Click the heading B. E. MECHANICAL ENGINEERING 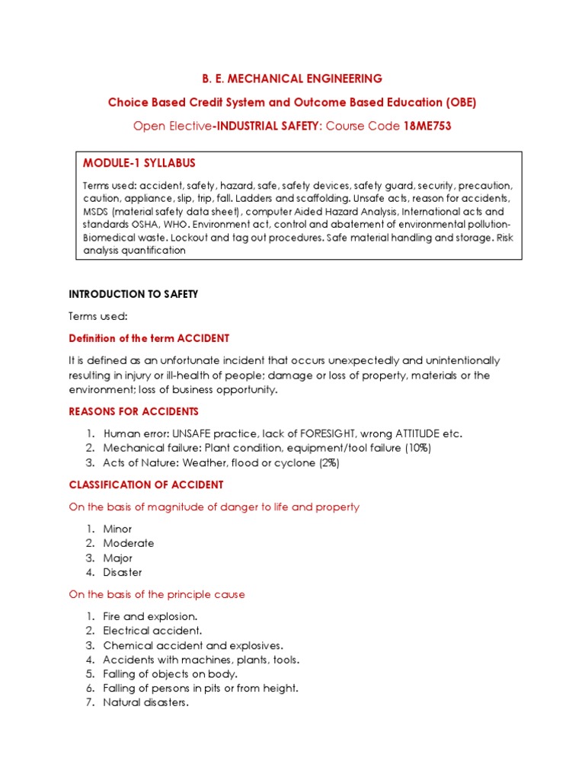[x=292, y=78]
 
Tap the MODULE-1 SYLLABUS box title [x=139, y=163]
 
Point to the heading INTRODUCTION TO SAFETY [x=133, y=294]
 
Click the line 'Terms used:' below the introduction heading [x=98, y=316]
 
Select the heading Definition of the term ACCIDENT [x=149, y=338]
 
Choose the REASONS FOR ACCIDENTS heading [x=133, y=412]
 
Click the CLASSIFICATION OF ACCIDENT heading [x=146, y=484]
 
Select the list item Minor [x=117, y=529]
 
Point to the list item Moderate [x=128, y=543]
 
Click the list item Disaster [x=123, y=572]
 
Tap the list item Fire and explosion [x=150, y=616]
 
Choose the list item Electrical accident [x=152, y=631]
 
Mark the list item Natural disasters [x=145, y=702]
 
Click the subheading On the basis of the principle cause [x=157, y=594]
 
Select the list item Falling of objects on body [x=170, y=674]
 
